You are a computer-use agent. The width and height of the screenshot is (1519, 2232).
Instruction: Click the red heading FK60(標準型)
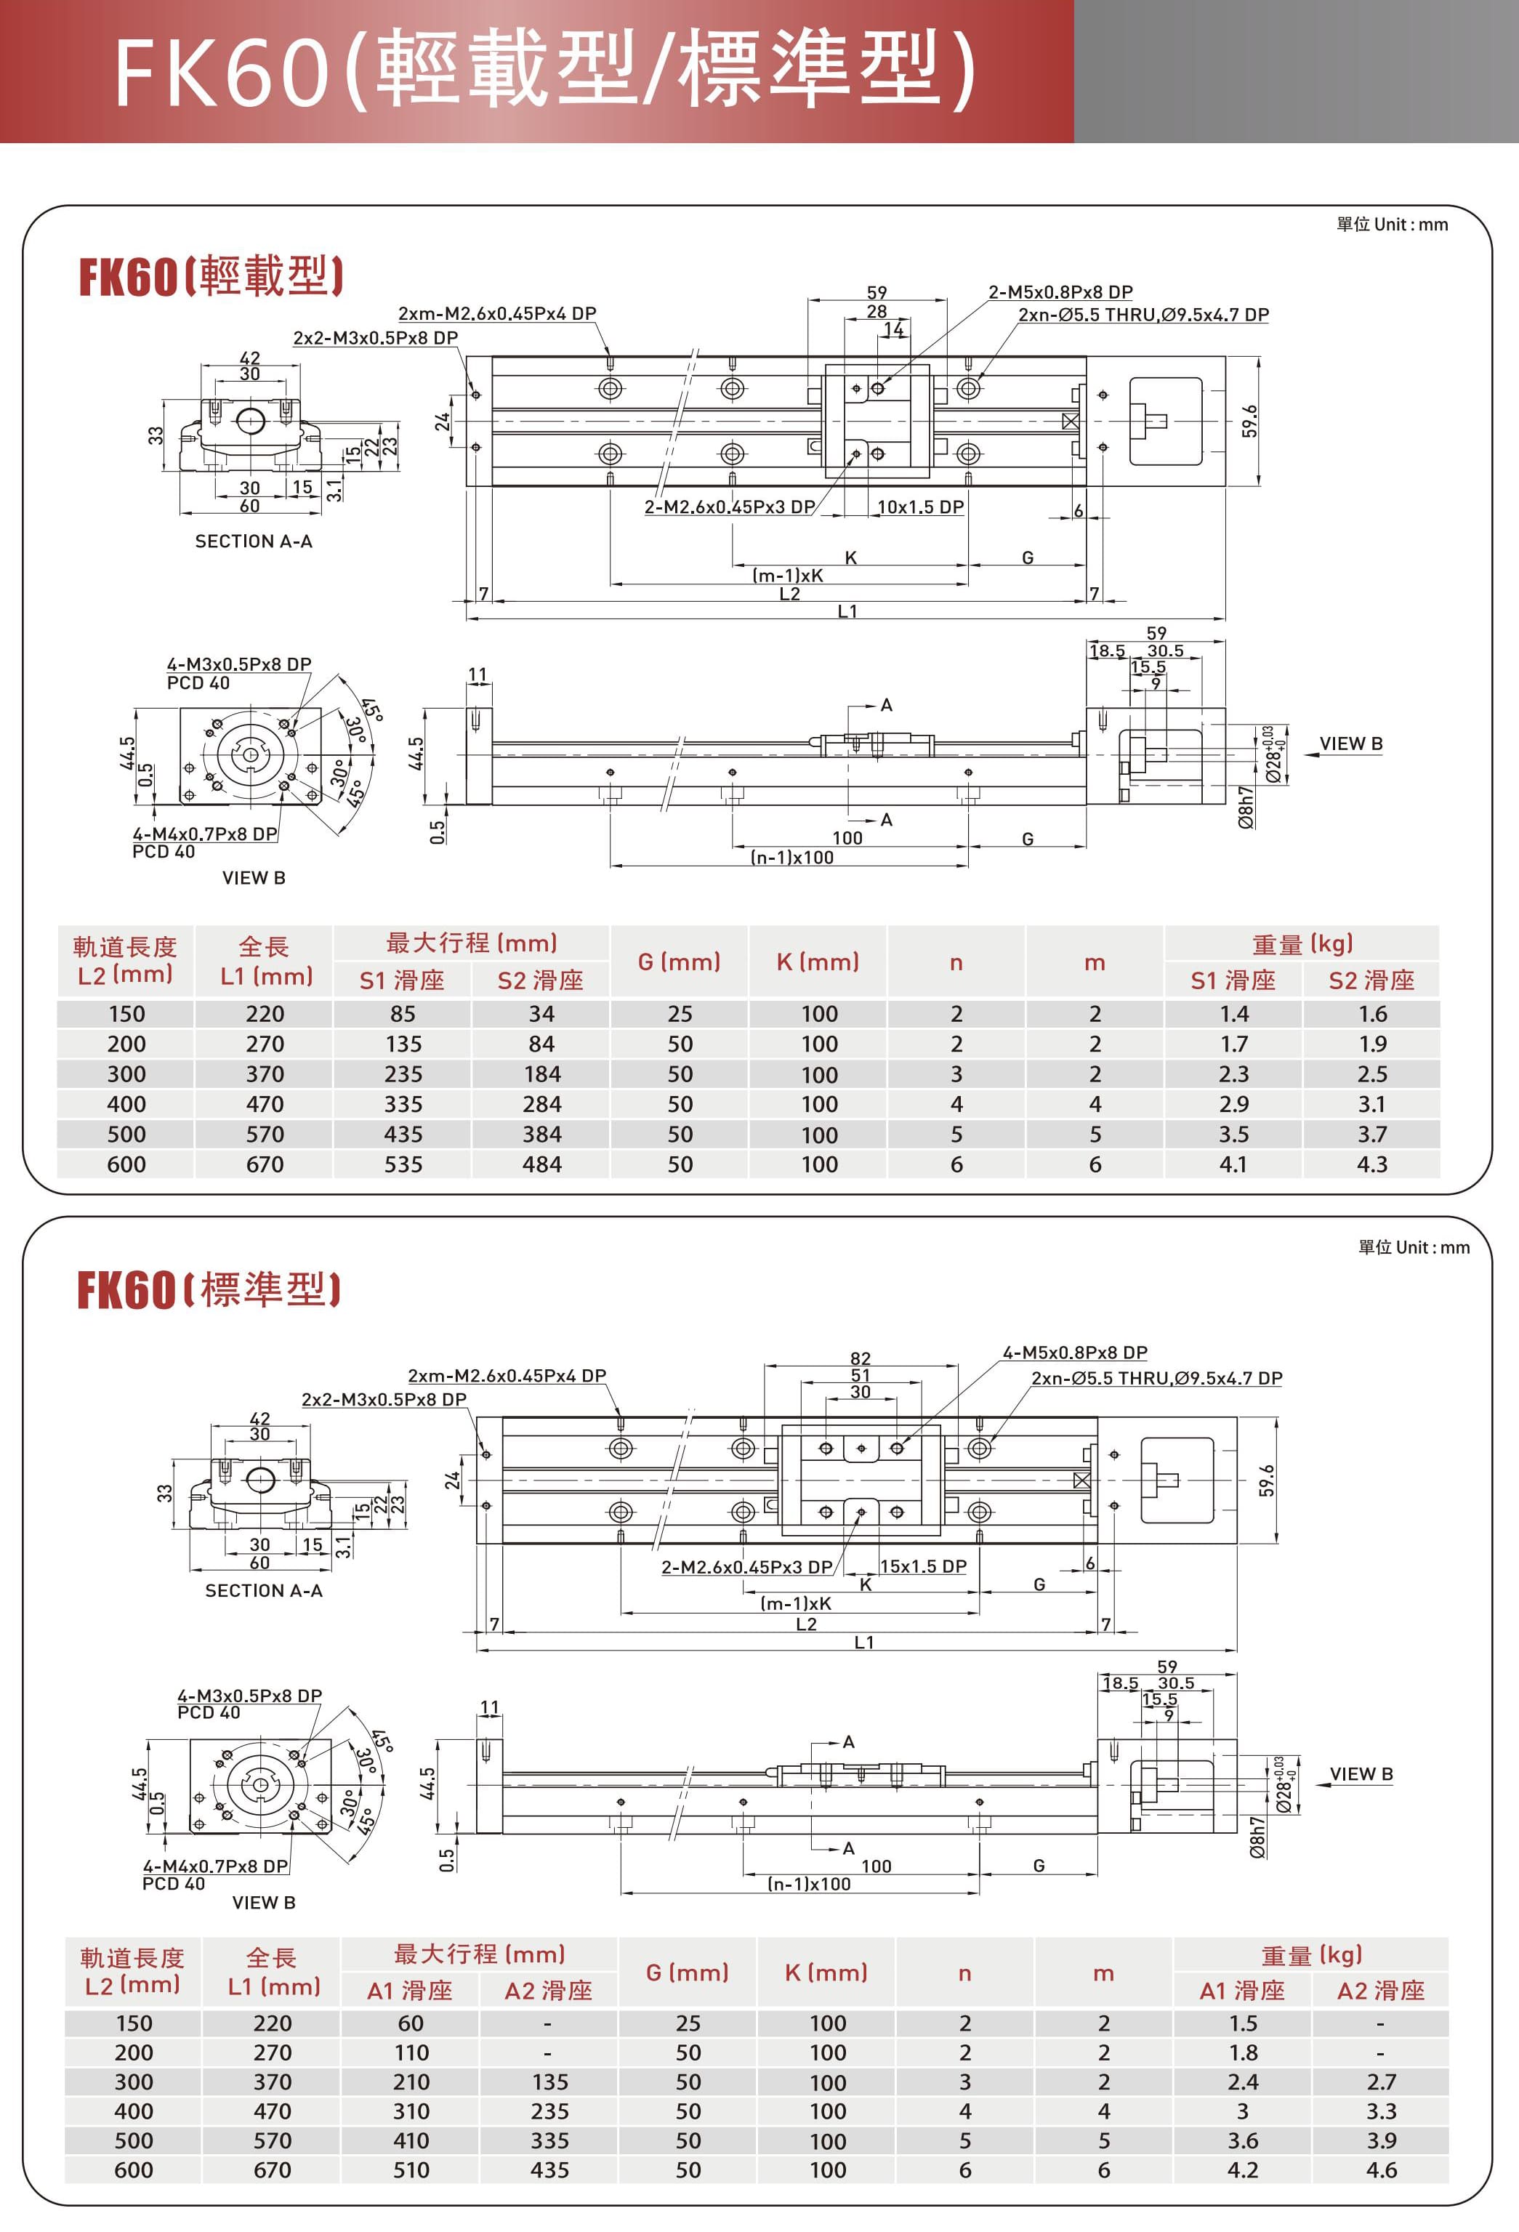[209, 1290]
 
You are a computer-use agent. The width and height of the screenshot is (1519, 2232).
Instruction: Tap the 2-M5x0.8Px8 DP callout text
[1060, 292]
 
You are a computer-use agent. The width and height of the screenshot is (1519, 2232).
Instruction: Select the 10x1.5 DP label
[920, 507]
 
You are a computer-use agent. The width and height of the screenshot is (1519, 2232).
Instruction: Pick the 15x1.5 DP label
[923, 1566]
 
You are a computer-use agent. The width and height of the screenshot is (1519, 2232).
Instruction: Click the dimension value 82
[861, 1358]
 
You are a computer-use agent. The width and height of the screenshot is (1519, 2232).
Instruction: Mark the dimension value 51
[861, 1375]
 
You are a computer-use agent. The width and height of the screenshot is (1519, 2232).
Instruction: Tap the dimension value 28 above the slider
[877, 311]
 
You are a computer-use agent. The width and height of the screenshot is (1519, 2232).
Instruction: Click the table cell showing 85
[403, 1014]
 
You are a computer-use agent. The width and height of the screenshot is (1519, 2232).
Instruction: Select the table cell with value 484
[541, 1164]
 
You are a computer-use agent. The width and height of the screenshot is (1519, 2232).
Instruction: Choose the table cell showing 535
[403, 1164]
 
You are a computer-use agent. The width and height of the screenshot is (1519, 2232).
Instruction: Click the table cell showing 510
[411, 2169]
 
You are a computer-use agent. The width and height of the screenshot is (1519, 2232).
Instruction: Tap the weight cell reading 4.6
[1381, 2169]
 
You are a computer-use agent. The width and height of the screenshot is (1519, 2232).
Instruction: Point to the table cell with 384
[541, 1135]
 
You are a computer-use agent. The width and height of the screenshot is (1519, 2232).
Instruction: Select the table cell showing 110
[411, 2052]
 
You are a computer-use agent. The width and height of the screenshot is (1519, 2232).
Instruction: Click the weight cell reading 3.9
[1381, 2140]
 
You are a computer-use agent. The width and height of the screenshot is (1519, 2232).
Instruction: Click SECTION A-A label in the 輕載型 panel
[254, 541]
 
